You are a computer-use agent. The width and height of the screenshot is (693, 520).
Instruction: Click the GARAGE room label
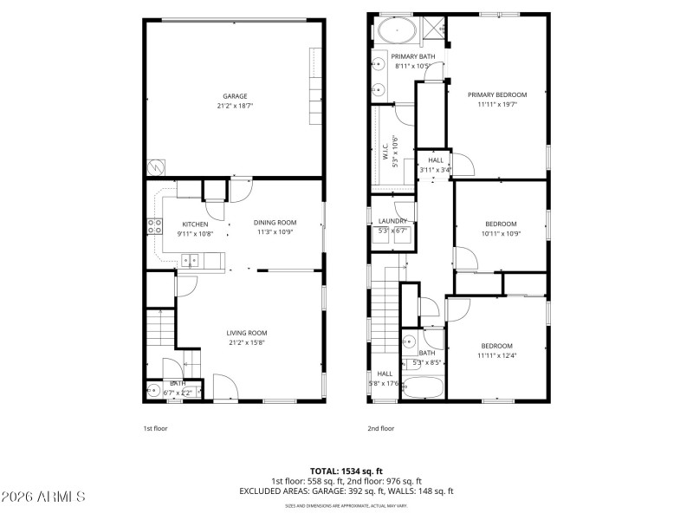point(235,96)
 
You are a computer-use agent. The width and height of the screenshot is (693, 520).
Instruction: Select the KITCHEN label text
point(195,224)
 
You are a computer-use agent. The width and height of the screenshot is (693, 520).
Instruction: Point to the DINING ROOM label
point(276,223)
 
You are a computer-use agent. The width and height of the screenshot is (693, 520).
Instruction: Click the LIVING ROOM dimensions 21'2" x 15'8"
point(247,342)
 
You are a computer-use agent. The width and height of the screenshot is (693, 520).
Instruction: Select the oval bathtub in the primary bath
point(397,32)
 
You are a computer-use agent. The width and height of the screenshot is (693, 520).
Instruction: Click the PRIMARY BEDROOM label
point(497,94)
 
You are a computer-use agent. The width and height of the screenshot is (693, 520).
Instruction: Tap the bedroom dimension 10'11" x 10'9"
point(501,233)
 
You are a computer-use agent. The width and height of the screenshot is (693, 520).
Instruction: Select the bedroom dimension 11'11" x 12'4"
point(496,355)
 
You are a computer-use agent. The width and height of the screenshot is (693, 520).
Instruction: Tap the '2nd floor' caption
point(381,428)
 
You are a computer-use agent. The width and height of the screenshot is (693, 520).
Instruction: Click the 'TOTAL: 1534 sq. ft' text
point(346,471)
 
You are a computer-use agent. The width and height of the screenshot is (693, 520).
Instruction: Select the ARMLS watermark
point(43,497)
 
